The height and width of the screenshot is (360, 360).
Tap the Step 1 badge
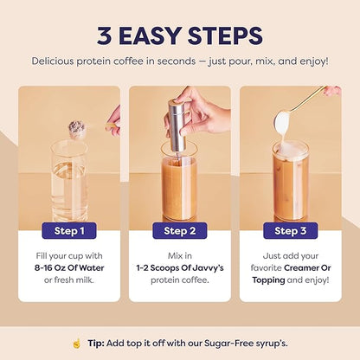pyautogui.click(x=69, y=231)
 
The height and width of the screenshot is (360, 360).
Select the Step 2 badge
pyautogui.click(x=179, y=231)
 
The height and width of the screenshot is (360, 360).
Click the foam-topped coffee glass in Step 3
pyautogui.click(x=290, y=177)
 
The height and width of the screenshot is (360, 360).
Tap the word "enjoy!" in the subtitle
pyautogui.click(x=310, y=61)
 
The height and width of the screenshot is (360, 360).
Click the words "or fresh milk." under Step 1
pyautogui.click(x=69, y=280)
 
